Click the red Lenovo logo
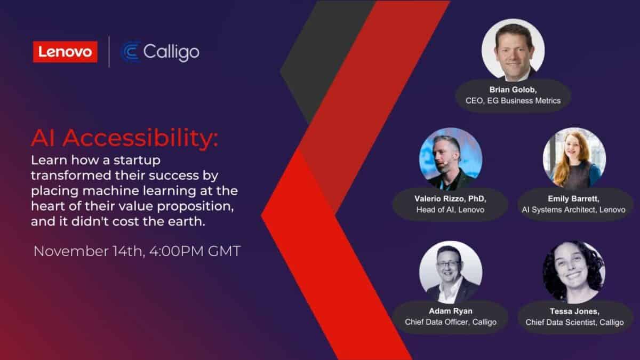point(65,52)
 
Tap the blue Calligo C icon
point(131,52)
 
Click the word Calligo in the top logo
point(171,52)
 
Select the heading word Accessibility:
point(140,139)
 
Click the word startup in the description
point(137,161)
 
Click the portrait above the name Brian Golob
point(513,50)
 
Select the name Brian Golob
point(513,90)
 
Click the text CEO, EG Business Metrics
point(513,101)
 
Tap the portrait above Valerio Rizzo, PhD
point(451,159)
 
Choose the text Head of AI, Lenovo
point(451,210)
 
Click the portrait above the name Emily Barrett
point(574,159)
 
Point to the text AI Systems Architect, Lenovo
point(574,210)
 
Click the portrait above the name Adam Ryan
point(451,273)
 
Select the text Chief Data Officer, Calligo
point(451,322)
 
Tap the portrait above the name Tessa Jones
point(574,273)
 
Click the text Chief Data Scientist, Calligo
point(574,322)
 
